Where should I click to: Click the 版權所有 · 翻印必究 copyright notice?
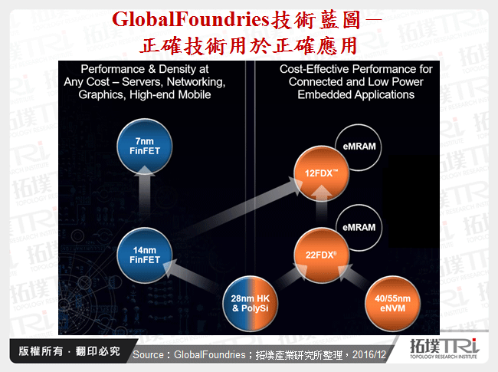tap(68, 352)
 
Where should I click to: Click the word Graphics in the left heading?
tap(103, 95)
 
